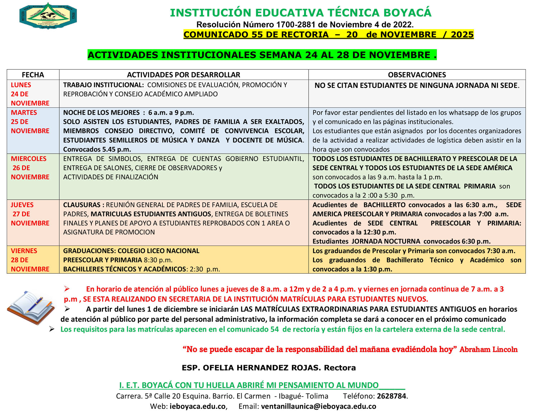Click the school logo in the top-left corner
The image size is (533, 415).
tap(48, 16)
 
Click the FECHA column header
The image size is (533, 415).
tap(33, 75)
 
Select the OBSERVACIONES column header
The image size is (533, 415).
tap(417, 75)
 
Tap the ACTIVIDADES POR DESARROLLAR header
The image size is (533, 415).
tap(184, 75)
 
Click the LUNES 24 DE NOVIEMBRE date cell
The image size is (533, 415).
tap(30, 94)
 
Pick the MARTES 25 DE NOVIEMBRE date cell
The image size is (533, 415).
tap(30, 122)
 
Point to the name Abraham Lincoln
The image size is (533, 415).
tap(488, 349)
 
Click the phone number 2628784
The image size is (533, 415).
tap(391, 396)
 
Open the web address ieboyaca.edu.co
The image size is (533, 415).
tap(198, 406)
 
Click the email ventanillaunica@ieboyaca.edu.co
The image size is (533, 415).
tap(318, 406)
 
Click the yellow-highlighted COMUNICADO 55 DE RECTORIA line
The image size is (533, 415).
tap(328, 34)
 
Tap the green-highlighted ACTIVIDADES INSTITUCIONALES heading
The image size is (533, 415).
tap(262, 55)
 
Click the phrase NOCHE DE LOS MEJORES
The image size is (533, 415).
tap(101, 112)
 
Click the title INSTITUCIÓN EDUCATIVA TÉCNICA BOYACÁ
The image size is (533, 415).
tap(300, 13)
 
